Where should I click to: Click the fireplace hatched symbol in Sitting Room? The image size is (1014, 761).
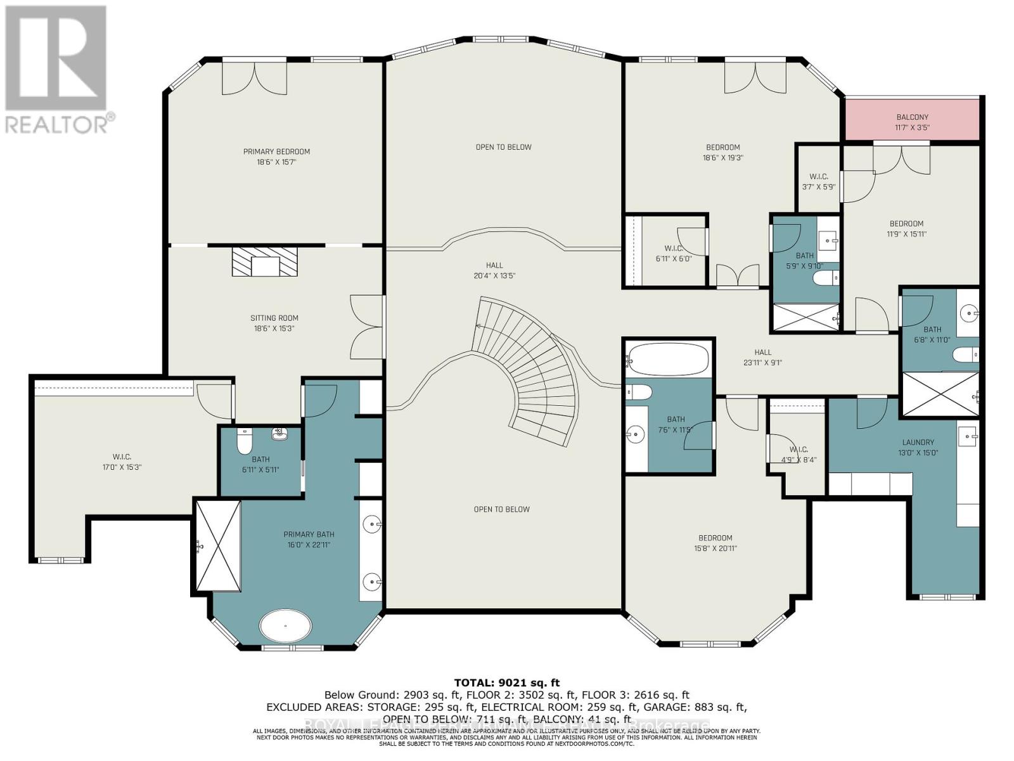[264, 261]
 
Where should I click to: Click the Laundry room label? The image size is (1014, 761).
[918, 447]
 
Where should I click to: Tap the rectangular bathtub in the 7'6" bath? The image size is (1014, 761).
[668, 360]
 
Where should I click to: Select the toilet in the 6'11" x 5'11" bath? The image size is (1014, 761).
[245, 442]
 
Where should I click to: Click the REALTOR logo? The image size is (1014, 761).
[57, 70]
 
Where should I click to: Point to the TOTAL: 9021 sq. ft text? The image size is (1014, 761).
[507, 683]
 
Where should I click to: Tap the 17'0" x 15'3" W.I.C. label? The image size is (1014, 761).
[122, 462]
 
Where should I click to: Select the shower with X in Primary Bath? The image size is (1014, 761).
[218, 545]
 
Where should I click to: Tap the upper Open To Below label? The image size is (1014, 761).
[504, 147]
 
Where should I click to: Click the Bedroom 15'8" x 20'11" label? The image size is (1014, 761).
[716, 543]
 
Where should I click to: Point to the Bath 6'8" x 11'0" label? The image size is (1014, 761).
[932, 334]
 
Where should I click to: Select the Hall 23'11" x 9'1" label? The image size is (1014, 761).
[763, 358]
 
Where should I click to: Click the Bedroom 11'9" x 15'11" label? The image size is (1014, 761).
[906, 228]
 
